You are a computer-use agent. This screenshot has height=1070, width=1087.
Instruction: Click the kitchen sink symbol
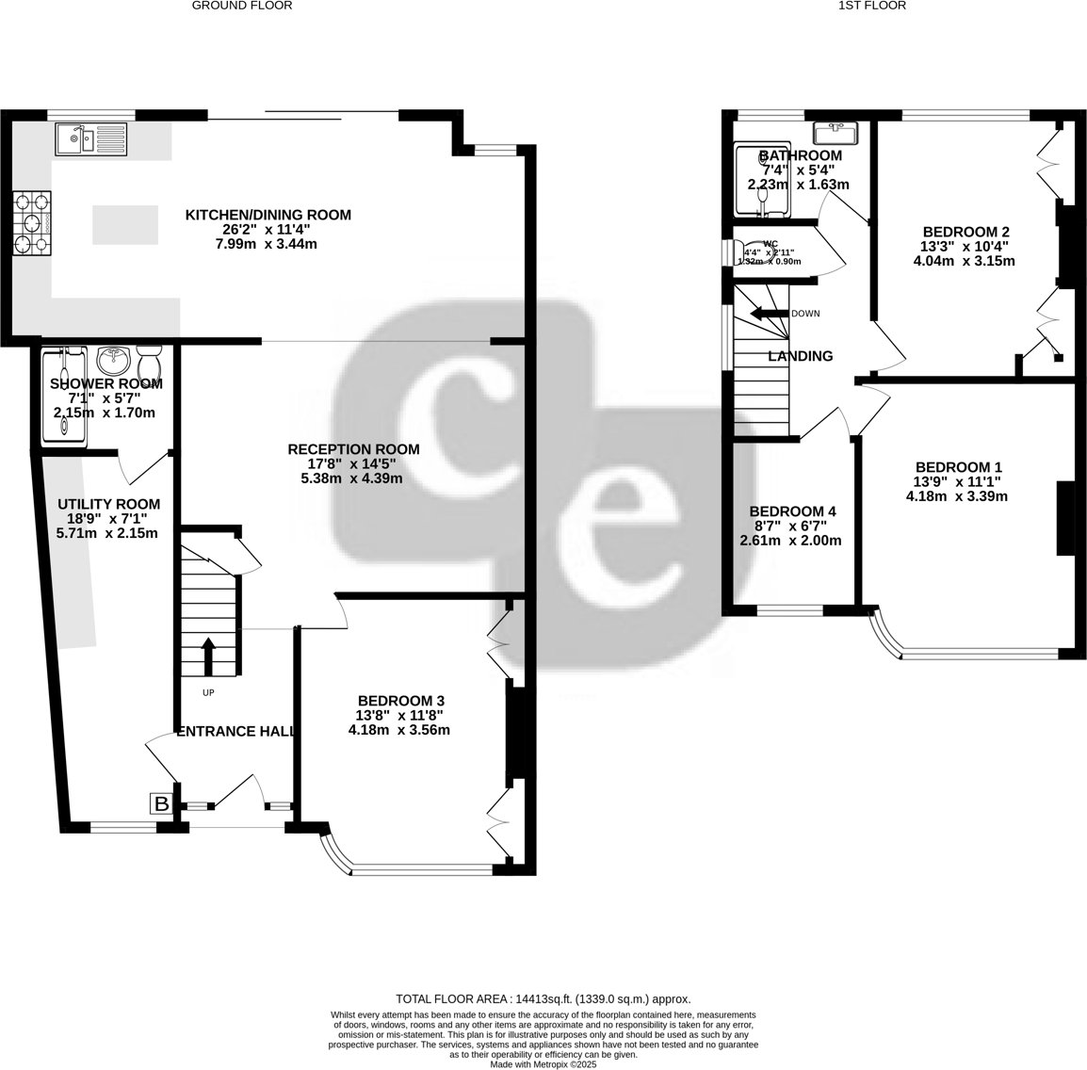tap(90, 138)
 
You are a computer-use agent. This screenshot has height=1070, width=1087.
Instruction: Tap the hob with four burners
tap(31, 223)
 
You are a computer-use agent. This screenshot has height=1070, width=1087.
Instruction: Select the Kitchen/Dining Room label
tap(268, 215)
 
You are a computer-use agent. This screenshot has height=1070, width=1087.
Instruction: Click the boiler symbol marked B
tap(161, 803)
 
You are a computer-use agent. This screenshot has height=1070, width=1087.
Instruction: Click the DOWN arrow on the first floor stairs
tap(767, 314)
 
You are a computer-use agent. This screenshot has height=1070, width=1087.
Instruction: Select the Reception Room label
tap(353, 449)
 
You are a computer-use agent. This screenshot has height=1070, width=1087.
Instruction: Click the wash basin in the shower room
tap(115, 358)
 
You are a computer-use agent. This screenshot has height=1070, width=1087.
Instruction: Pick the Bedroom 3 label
tap(400, 701)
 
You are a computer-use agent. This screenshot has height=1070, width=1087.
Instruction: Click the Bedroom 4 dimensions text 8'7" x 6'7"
tap(790, 526)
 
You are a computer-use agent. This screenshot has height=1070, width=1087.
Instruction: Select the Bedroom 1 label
tap(958, 467)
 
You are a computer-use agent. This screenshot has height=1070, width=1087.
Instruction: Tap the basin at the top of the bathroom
tap(834, 132)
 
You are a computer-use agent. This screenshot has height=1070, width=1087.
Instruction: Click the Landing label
tap(801, 356)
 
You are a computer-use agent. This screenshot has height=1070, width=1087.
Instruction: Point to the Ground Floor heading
tap(242, 6)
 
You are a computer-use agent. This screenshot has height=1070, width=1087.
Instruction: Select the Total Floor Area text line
tap(543, 999)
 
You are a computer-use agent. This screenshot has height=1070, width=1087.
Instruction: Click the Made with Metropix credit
tap(543, 1064)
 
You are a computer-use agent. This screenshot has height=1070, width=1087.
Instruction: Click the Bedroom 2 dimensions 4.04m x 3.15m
tap(964, 261)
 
